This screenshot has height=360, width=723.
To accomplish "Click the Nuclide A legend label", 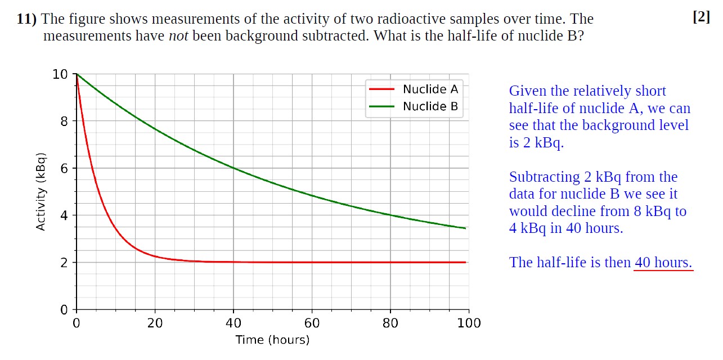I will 430,89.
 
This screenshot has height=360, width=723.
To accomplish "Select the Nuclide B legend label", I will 430,106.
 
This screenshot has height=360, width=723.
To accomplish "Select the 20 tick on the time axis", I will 155,323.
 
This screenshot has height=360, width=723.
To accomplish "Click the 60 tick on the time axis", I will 312,323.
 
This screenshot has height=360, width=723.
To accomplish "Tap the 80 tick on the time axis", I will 390,323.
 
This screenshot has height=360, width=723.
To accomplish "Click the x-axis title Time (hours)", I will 272,340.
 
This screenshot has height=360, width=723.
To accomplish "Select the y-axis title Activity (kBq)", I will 41,192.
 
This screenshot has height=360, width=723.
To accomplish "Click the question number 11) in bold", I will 26,19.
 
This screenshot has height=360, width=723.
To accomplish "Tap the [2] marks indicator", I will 701,17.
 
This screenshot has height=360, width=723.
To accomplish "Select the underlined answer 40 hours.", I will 663,263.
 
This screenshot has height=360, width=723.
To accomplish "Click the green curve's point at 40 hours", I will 233,168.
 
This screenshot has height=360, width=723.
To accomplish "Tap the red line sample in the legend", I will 381,89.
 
